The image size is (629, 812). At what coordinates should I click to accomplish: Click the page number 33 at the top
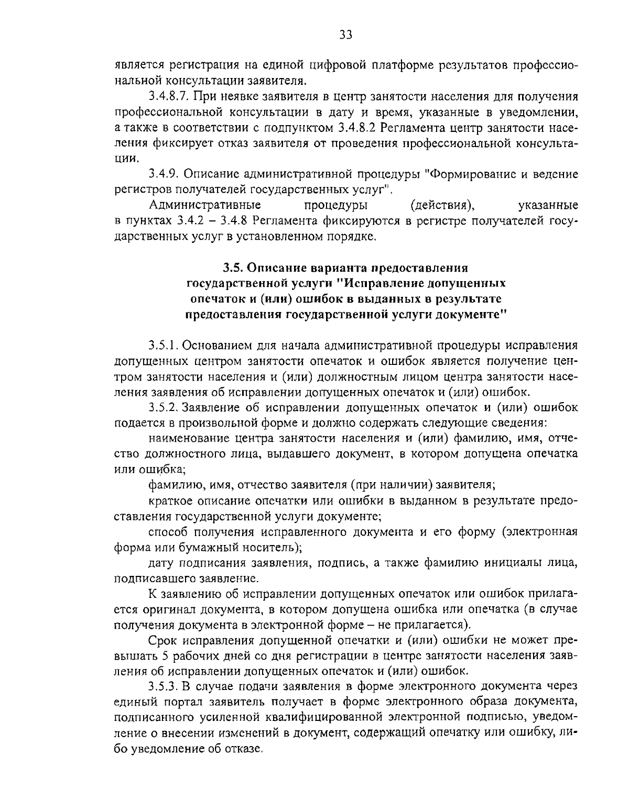pyautogui.click(x=345, y=35)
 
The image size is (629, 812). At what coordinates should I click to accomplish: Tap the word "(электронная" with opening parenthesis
pyautogui.click(x=539, y=532)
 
